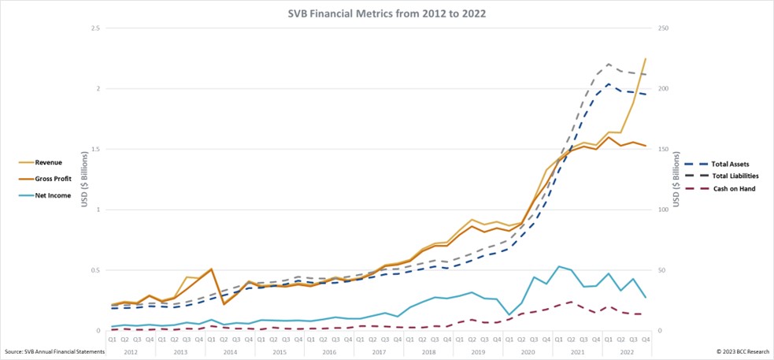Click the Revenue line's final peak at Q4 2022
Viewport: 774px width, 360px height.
(x=646, y=58)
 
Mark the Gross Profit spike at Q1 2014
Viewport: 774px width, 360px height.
(x=212, y=269)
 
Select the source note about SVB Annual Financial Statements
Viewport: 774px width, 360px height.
(x=54, y=351)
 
